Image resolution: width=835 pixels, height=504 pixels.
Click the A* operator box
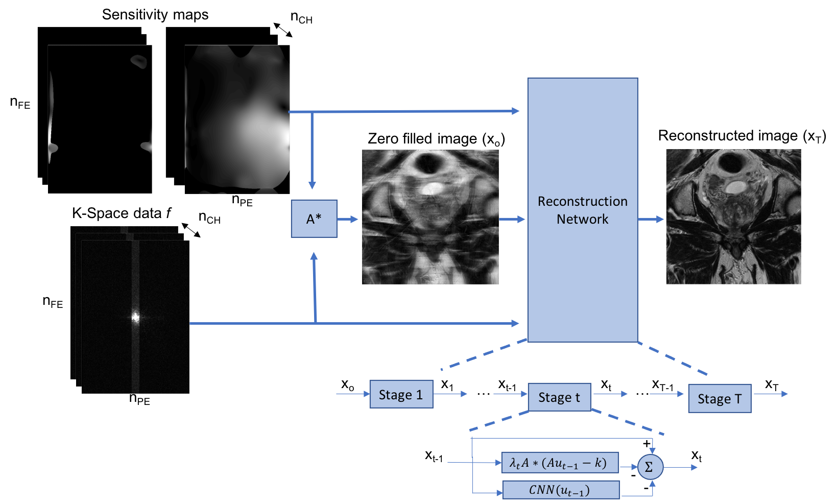pyautogui.click(x=314, y=219)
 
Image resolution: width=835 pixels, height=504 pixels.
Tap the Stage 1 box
pyautogui.click(x=401, y=394)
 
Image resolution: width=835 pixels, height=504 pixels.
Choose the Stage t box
pyautogui.click(x=559, y=397)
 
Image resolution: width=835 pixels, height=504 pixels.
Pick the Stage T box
pyautogui.click(x=719, y=398)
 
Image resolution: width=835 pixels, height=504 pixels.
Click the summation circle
pyautogui.click(x=650, y=467)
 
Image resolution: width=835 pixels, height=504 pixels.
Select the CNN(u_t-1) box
pyautogui.click(x=560, y=490)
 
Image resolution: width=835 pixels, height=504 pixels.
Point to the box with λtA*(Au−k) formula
pyautogui.click(x=559, y=463)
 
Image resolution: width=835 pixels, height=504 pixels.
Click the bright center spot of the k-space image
pyautogui.click(x=135, y=317)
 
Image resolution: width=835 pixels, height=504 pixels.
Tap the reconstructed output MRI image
pyautogui.click(x=733, y=217)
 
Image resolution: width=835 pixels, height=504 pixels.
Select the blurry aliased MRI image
pyautogui.click(x=430, y=217)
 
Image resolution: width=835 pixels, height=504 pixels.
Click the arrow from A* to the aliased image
pyautogui.click(x=348, y=219)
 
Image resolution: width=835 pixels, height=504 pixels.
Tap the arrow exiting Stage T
pyautogui.click(x=771, y=394)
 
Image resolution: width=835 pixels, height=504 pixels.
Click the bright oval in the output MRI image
pyautogui.click(x=734, y=187)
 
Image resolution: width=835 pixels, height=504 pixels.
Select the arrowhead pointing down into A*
pyautogui.click(x=312, y=184)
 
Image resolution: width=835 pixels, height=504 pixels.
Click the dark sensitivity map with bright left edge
pyautogui.click(x=100, y=119)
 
